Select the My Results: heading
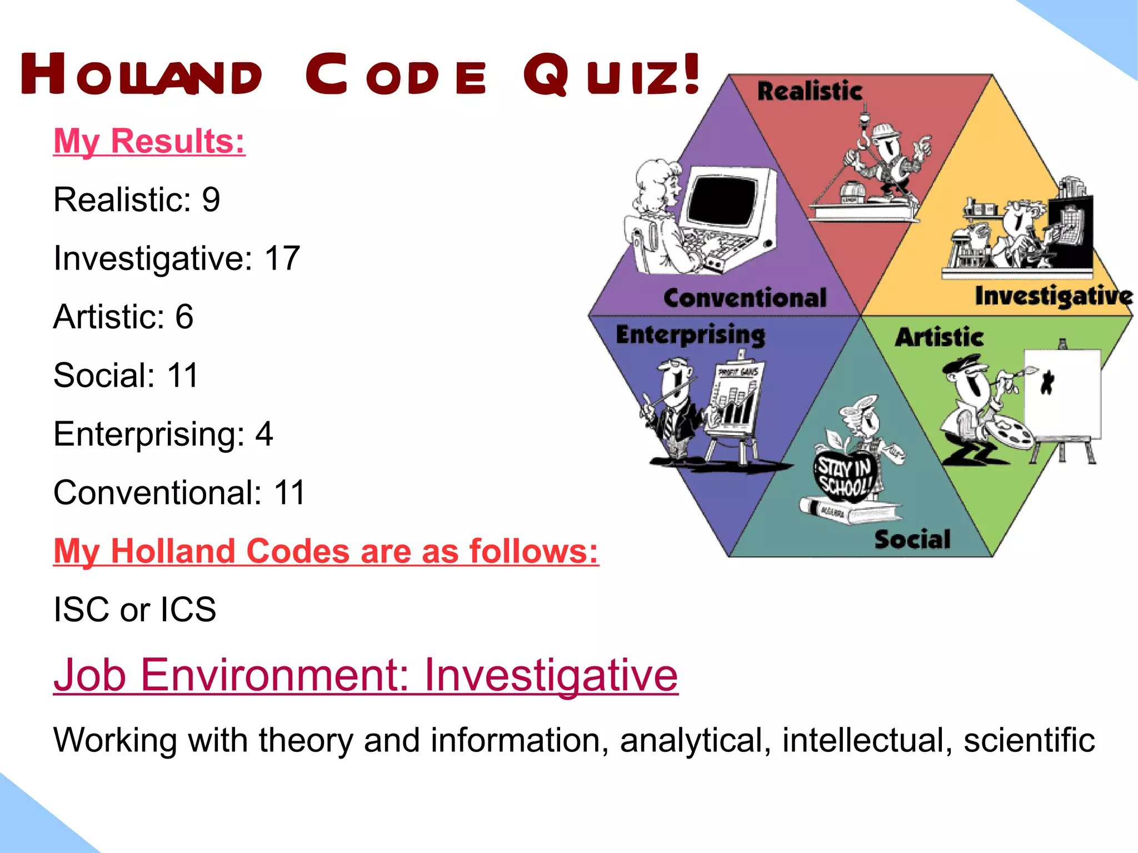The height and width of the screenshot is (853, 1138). (149, 141)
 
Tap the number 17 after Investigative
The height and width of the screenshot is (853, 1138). (282, 258)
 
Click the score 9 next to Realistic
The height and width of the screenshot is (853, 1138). (211, 200)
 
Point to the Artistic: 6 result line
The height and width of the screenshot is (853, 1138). (123, 317)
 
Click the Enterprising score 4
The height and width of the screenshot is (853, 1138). (264, 434)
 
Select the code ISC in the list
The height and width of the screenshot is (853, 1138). (81, 610)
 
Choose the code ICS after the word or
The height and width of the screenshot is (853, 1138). (188, 610)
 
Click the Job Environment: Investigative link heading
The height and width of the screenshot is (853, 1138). (365, 675)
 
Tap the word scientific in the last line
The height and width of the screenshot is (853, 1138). (1029, 741)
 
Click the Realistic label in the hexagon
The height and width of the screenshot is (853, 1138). (810, 91)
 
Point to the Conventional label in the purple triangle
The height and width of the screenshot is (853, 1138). (745, 298)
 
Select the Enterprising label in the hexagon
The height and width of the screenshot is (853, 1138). (690, 335)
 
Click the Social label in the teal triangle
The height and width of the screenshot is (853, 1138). (912, 540)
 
